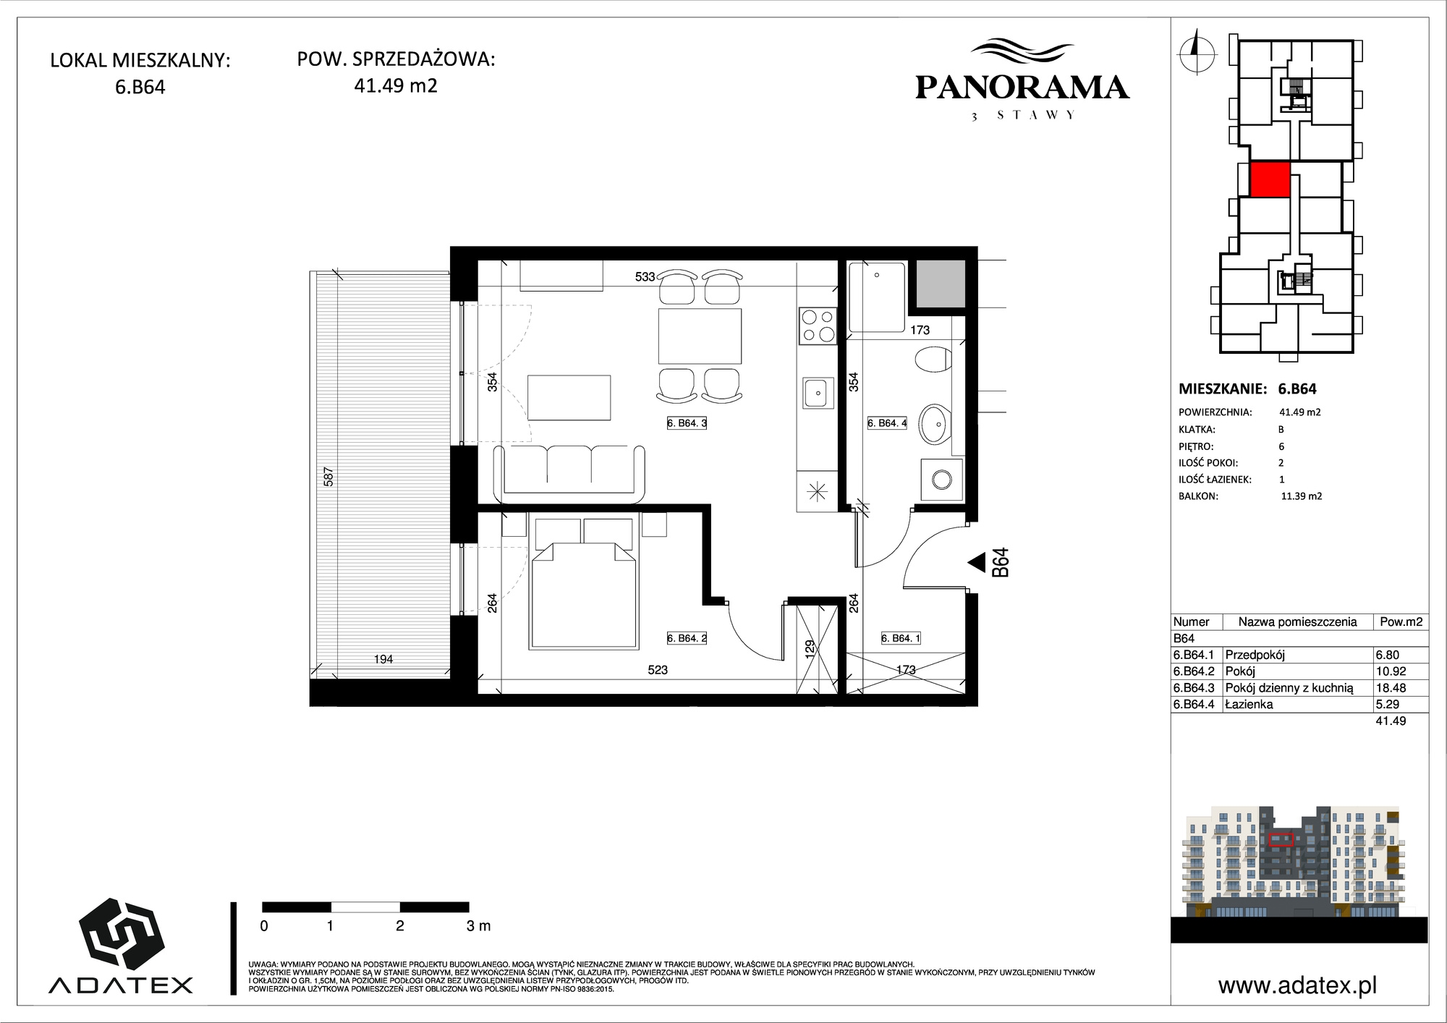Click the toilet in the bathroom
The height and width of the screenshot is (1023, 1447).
[933, 360]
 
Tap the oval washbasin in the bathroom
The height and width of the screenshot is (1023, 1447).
[935, 424]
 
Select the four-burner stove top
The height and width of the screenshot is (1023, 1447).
[818, 326]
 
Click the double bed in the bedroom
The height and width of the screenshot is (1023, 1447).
[584, 582]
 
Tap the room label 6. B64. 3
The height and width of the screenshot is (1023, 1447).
[687, 423]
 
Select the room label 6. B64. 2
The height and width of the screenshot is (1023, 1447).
[687, 638]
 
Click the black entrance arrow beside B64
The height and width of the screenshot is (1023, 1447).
[977, 562]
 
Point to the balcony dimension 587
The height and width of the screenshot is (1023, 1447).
[328, 477]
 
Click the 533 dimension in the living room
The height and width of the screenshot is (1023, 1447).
[645, 276]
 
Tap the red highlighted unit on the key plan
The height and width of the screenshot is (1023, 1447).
[1270, 179]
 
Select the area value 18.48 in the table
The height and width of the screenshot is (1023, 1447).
[1390, 688]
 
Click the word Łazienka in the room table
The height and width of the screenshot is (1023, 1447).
[1249, 704]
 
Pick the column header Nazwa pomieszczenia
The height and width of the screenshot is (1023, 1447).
[1297, 621]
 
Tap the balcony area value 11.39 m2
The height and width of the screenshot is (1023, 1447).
[1302, 496]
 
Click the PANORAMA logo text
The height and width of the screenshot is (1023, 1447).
[1022, 88]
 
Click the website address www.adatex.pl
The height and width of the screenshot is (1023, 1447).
[1297, 985]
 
